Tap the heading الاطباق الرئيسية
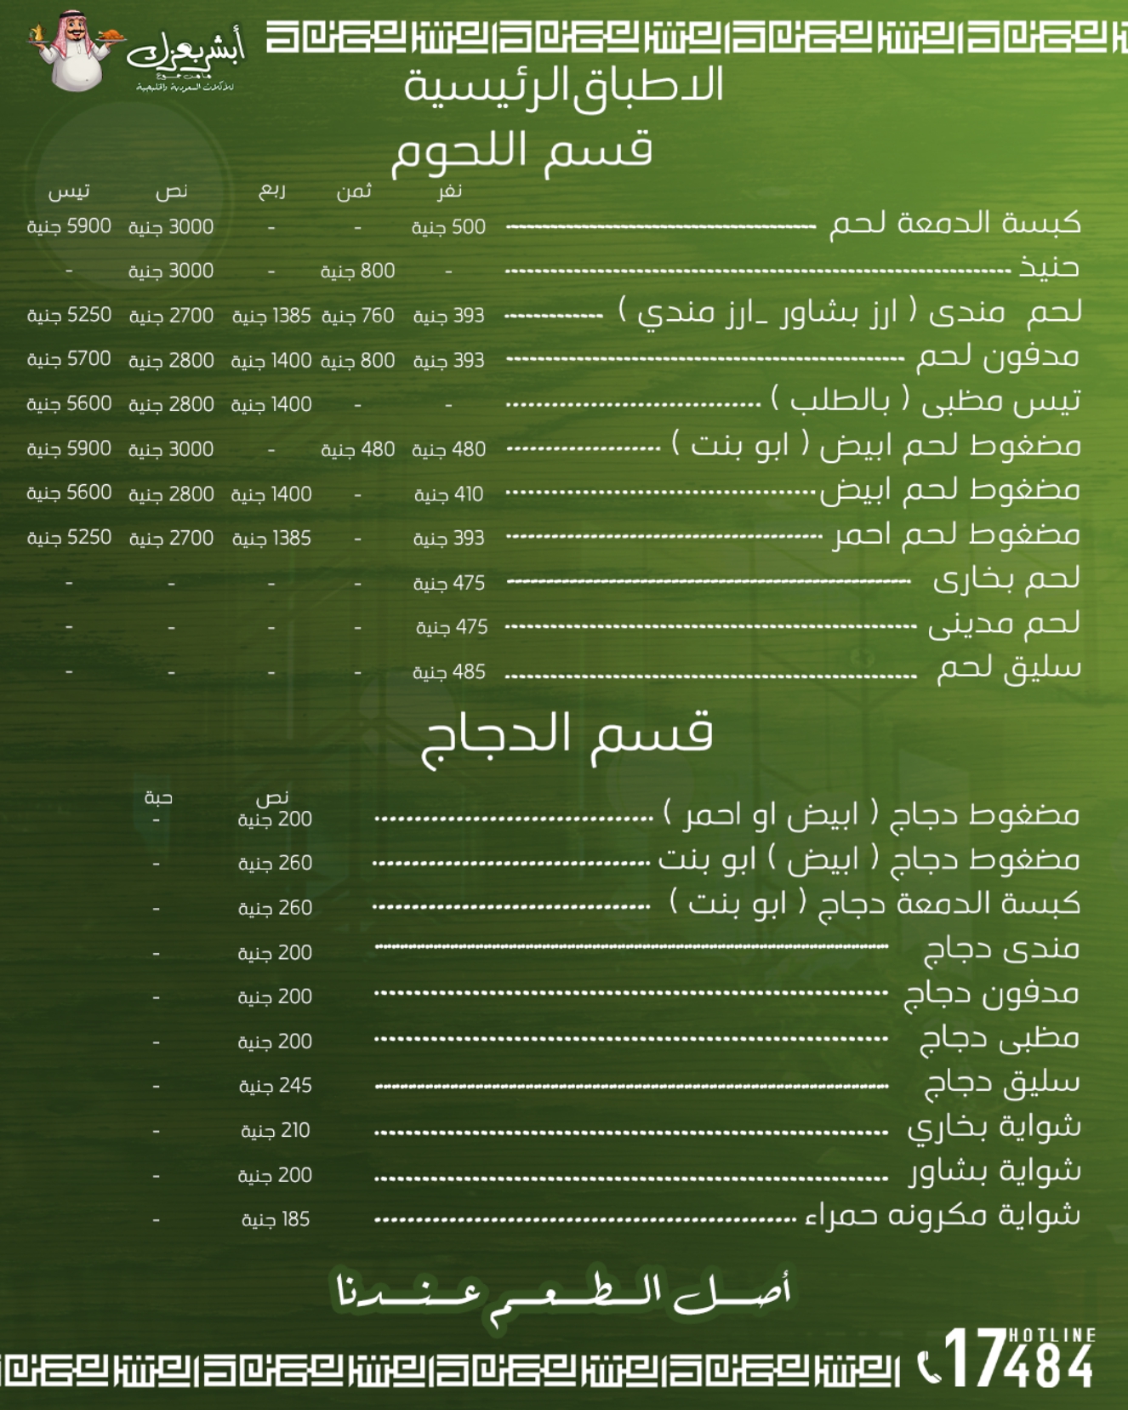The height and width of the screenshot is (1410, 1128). coord(564,86)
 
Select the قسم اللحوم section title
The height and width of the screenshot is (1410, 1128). coord(521,151)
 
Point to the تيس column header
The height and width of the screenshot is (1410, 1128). coord(69,191)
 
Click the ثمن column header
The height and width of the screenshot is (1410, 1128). coord(354,191)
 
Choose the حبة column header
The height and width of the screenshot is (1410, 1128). coord(158,797)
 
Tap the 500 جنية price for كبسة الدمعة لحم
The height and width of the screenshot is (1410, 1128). coord(448,227)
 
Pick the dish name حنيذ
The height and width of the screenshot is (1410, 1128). coord(1050,267)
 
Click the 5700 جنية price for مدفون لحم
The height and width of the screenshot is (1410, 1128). coord(69,359)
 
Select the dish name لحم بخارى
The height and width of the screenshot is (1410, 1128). coord(1006,579)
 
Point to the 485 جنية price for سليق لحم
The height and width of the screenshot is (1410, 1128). coord(448,672)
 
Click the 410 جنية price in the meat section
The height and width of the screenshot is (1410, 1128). coord(448,494)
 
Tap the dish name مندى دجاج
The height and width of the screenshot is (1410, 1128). coord(1001,948)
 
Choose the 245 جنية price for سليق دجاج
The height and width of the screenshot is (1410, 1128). coord(275,1086)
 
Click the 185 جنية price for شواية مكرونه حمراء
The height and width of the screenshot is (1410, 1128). coord(275,1219)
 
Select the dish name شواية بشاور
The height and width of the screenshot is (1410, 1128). coord(995,1171)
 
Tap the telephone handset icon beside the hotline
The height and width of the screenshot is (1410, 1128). coord(929,1367)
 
